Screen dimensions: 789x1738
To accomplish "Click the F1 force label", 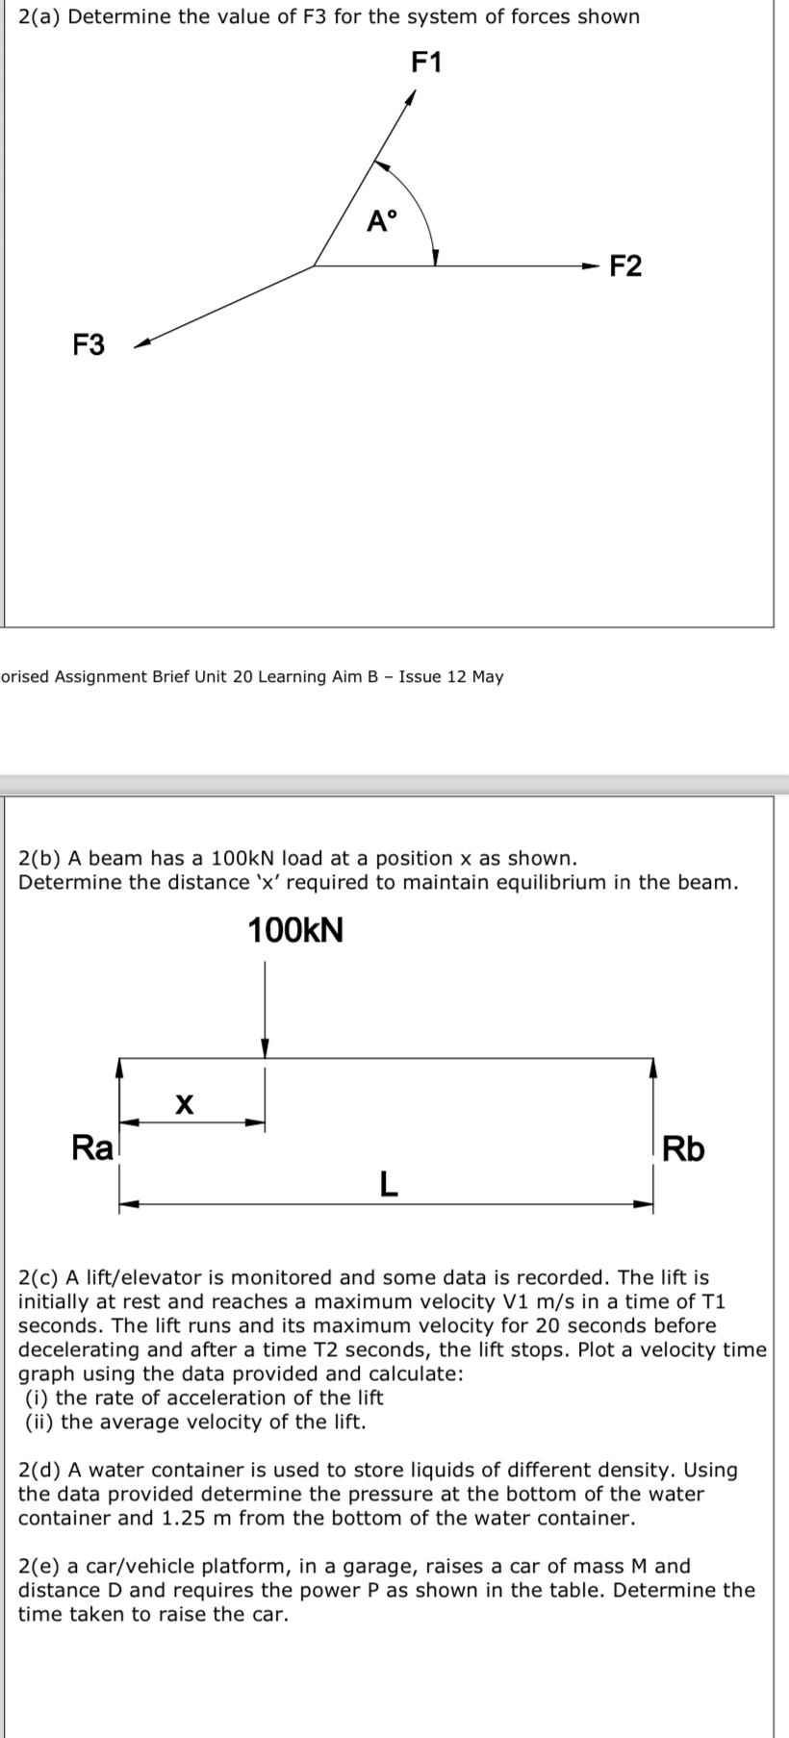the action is click(x=426, y=63).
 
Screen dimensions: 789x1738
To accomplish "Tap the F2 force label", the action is click(x=626, y=266).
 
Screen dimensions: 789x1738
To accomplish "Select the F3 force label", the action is click(x=89, y=344).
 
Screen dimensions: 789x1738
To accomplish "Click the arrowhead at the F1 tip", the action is click(x=411, y=97).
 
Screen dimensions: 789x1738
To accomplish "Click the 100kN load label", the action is click(x=295, y=931).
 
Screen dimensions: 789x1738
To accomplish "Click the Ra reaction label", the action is click(x=92, y=1147).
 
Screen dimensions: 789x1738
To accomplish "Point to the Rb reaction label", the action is click(x=683, y=1149).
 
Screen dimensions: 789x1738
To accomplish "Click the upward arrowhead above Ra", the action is click(x=118, y=1066).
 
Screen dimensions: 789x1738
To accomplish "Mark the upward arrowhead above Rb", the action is click(x=652, y=1066).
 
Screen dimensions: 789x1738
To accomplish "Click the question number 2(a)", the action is click(x=40, y=17).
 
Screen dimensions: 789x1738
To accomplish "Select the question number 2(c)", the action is click(x=40, y=1277).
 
